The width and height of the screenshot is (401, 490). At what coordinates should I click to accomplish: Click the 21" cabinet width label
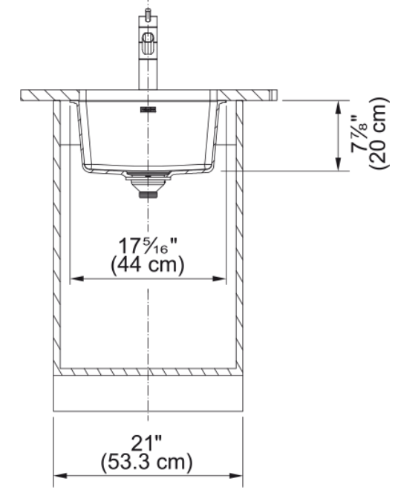click(146, 442)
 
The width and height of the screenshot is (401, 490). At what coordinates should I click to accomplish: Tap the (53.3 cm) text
click(146, 463)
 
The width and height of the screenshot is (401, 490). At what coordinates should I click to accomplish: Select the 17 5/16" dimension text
click(147, 246)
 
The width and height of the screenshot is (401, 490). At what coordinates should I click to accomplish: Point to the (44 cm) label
click(148, 265)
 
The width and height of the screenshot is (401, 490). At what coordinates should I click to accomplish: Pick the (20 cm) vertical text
click(379, 134)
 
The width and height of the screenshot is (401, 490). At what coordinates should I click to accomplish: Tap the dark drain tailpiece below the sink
click(148, 195)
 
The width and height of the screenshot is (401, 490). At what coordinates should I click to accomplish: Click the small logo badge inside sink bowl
click(148, 109)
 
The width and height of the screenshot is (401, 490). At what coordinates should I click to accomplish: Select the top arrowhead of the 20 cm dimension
click(338, 107)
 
